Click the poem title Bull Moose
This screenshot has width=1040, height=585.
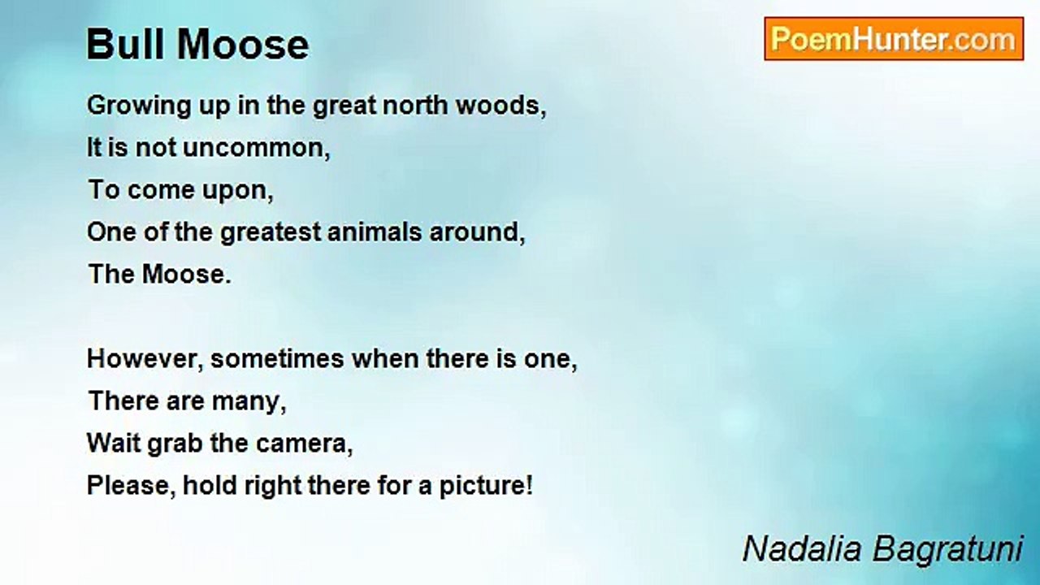tap(197, 45)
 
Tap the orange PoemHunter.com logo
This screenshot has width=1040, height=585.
tap(894, 39)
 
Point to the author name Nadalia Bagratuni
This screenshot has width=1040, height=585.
tap(882, 549)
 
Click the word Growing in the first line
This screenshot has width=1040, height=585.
tap(139, 106)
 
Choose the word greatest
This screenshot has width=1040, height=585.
tap(271, 232)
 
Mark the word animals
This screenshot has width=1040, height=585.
tap(375, 232)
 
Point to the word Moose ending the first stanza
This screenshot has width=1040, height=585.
tap(187, 274)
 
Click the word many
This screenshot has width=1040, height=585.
tap(249, 402)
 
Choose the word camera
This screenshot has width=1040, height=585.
tap(304, 444)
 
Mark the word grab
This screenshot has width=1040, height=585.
tap(175, 444)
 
